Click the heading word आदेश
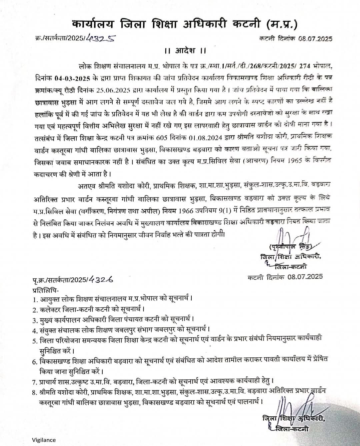pos(186,51)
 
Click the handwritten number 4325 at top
pos(100,38)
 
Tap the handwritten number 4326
pos(101,280)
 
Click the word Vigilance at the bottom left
pos(44,440)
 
